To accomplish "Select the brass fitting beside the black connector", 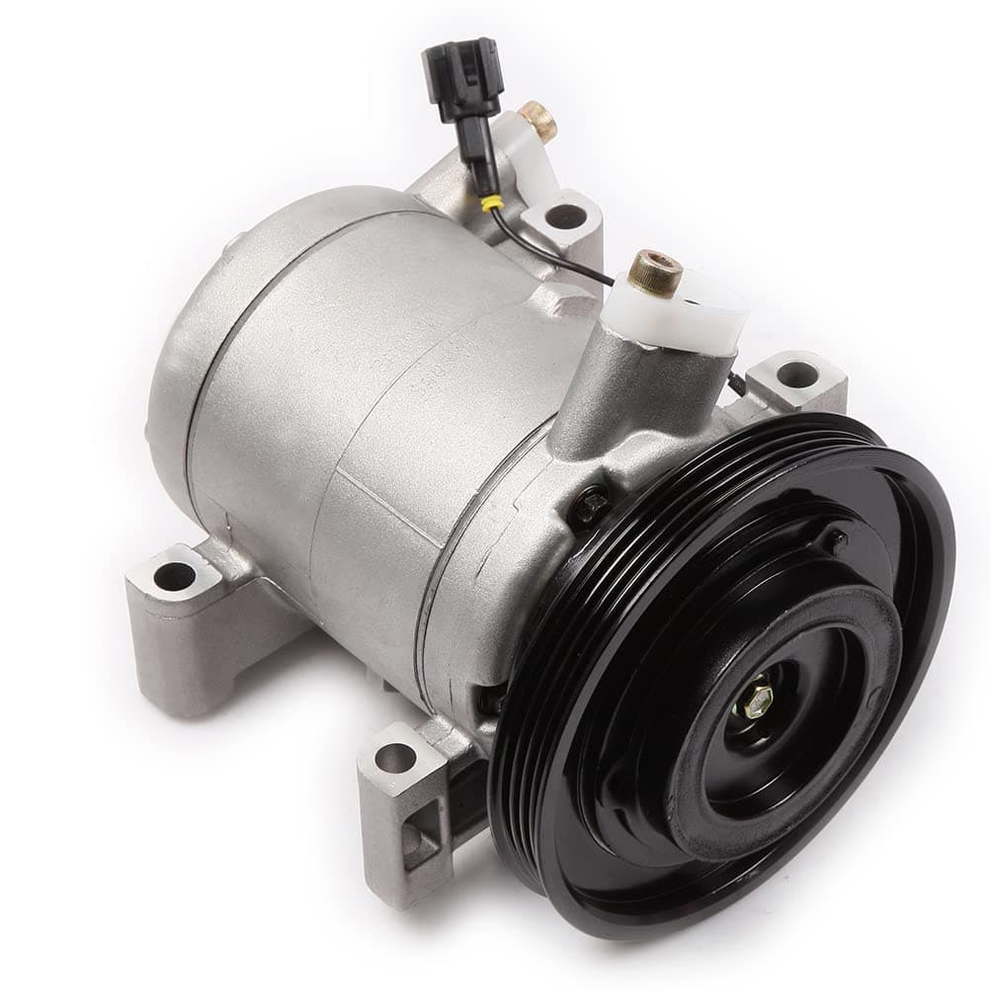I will pyautogui.click(x=538, y=121).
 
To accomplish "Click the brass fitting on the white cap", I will pyautogui.click(x=657, y=272).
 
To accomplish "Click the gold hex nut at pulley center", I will pyautogui.click(x=759, y=697).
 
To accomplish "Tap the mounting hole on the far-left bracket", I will pyautogui.click(x=175, y=576).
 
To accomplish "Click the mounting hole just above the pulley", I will pyautogui.click(x=796, y=375).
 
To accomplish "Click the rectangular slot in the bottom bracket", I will pyautogui.click(x=420, y=845).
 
